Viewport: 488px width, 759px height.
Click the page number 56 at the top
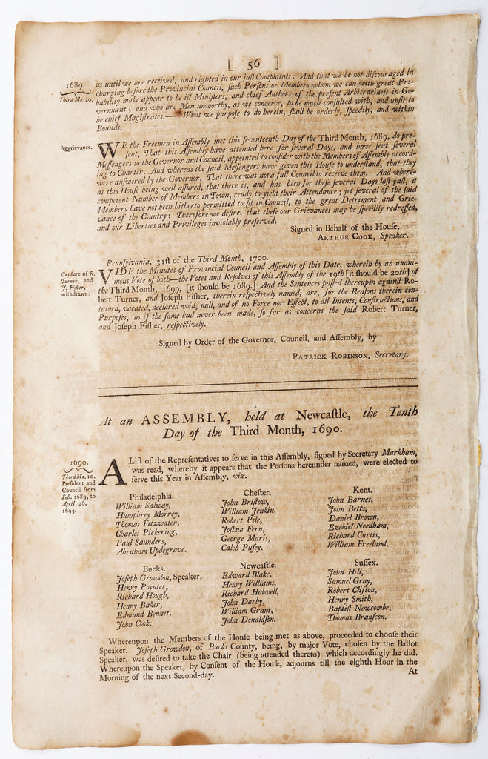tap(254, 64)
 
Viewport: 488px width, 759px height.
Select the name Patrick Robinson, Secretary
tap(350, 354)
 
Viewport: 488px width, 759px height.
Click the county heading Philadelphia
tap(152, 497)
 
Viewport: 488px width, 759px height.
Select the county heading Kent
tap(363, 490)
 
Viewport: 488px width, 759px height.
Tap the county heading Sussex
tap(366, 563)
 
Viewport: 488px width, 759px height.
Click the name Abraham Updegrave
tap(152, 550)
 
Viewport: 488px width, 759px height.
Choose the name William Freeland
tap(358, 543)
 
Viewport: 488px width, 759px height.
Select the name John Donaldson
tap(250, 620)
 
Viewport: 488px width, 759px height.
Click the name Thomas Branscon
tap(358, 617)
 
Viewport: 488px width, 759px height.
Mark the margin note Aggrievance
tap(77, 148)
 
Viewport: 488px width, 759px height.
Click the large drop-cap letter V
tap(106, 276)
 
